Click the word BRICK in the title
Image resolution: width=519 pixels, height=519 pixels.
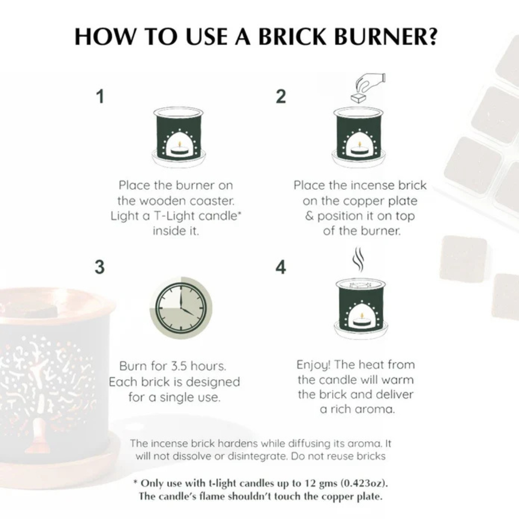click(292, 37)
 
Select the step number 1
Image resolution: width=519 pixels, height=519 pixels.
click(100, 96)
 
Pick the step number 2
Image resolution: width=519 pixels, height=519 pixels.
click(281, 96)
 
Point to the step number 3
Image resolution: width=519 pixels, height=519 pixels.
click(99, 267)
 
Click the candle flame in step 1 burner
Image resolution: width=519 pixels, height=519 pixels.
click(180, 144)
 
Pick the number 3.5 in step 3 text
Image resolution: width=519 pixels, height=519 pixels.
click(179, 366)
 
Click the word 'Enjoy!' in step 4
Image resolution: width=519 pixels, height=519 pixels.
click(313, 365)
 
